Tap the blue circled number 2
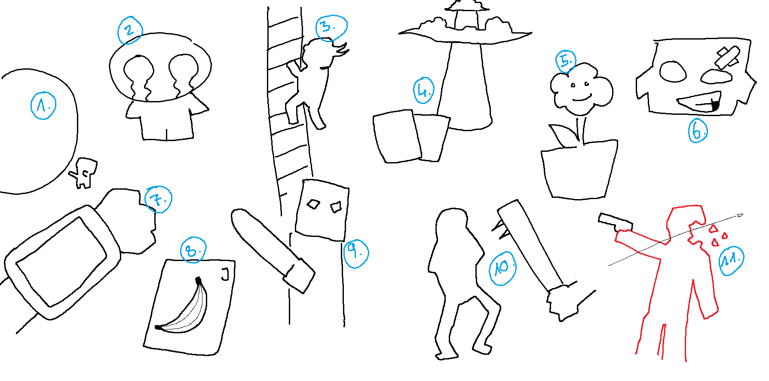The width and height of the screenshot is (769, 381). [x=130, y=31]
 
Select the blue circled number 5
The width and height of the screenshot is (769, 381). [x=566, y=61]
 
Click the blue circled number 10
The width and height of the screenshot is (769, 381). [x=502, y=268]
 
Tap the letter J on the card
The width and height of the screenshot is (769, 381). [x=225, y=273]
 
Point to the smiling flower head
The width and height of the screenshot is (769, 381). [x=581, y=89]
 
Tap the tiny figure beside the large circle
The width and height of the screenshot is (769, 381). [x=83, y=173]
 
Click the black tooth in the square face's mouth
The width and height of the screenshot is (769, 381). [x=715, y=104]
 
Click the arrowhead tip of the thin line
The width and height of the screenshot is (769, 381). [x=743, y=214]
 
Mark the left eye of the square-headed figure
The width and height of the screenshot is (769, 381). [x=314, y=204]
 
